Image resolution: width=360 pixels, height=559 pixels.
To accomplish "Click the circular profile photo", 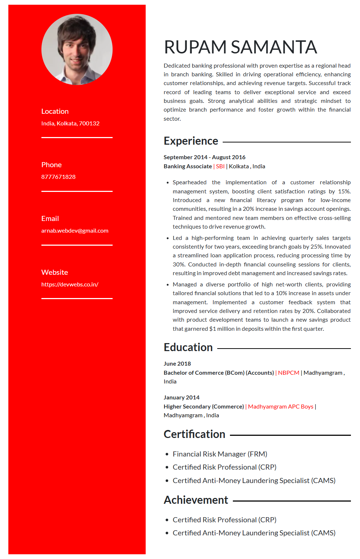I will coord(77,49).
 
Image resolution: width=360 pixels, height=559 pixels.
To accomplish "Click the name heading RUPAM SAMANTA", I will coord(240,47).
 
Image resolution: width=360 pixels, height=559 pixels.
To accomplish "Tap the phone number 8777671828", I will coord(58,177).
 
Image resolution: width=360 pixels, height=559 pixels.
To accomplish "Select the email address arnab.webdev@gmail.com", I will coord(75,231).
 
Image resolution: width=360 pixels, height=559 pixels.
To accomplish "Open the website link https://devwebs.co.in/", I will coord(70,285).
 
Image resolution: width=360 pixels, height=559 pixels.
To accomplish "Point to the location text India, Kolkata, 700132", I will coord(70,124).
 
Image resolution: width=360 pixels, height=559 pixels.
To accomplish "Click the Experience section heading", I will coord(191,141).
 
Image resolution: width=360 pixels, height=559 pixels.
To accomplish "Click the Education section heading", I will coord(188,347).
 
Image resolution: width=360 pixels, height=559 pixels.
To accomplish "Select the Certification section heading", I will coord(194,434).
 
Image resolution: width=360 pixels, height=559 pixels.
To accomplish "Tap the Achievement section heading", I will coord(196,500).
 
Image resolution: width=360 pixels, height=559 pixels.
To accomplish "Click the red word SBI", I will coord(220,166).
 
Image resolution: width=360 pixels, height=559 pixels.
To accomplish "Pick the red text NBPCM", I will coord(288,373).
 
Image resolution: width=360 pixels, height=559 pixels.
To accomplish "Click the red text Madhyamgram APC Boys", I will coord(280,407).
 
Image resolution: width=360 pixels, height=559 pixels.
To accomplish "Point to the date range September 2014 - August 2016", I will coord(205,157).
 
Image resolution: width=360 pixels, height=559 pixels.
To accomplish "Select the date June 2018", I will coord(177,364).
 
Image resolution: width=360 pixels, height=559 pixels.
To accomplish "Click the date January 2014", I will coord(182,398).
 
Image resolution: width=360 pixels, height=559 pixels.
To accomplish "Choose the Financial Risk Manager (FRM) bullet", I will coord(220,454).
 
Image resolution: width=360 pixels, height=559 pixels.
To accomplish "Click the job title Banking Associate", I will coord(187,166).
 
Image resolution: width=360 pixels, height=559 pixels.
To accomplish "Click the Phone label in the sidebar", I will coord(52,165).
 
